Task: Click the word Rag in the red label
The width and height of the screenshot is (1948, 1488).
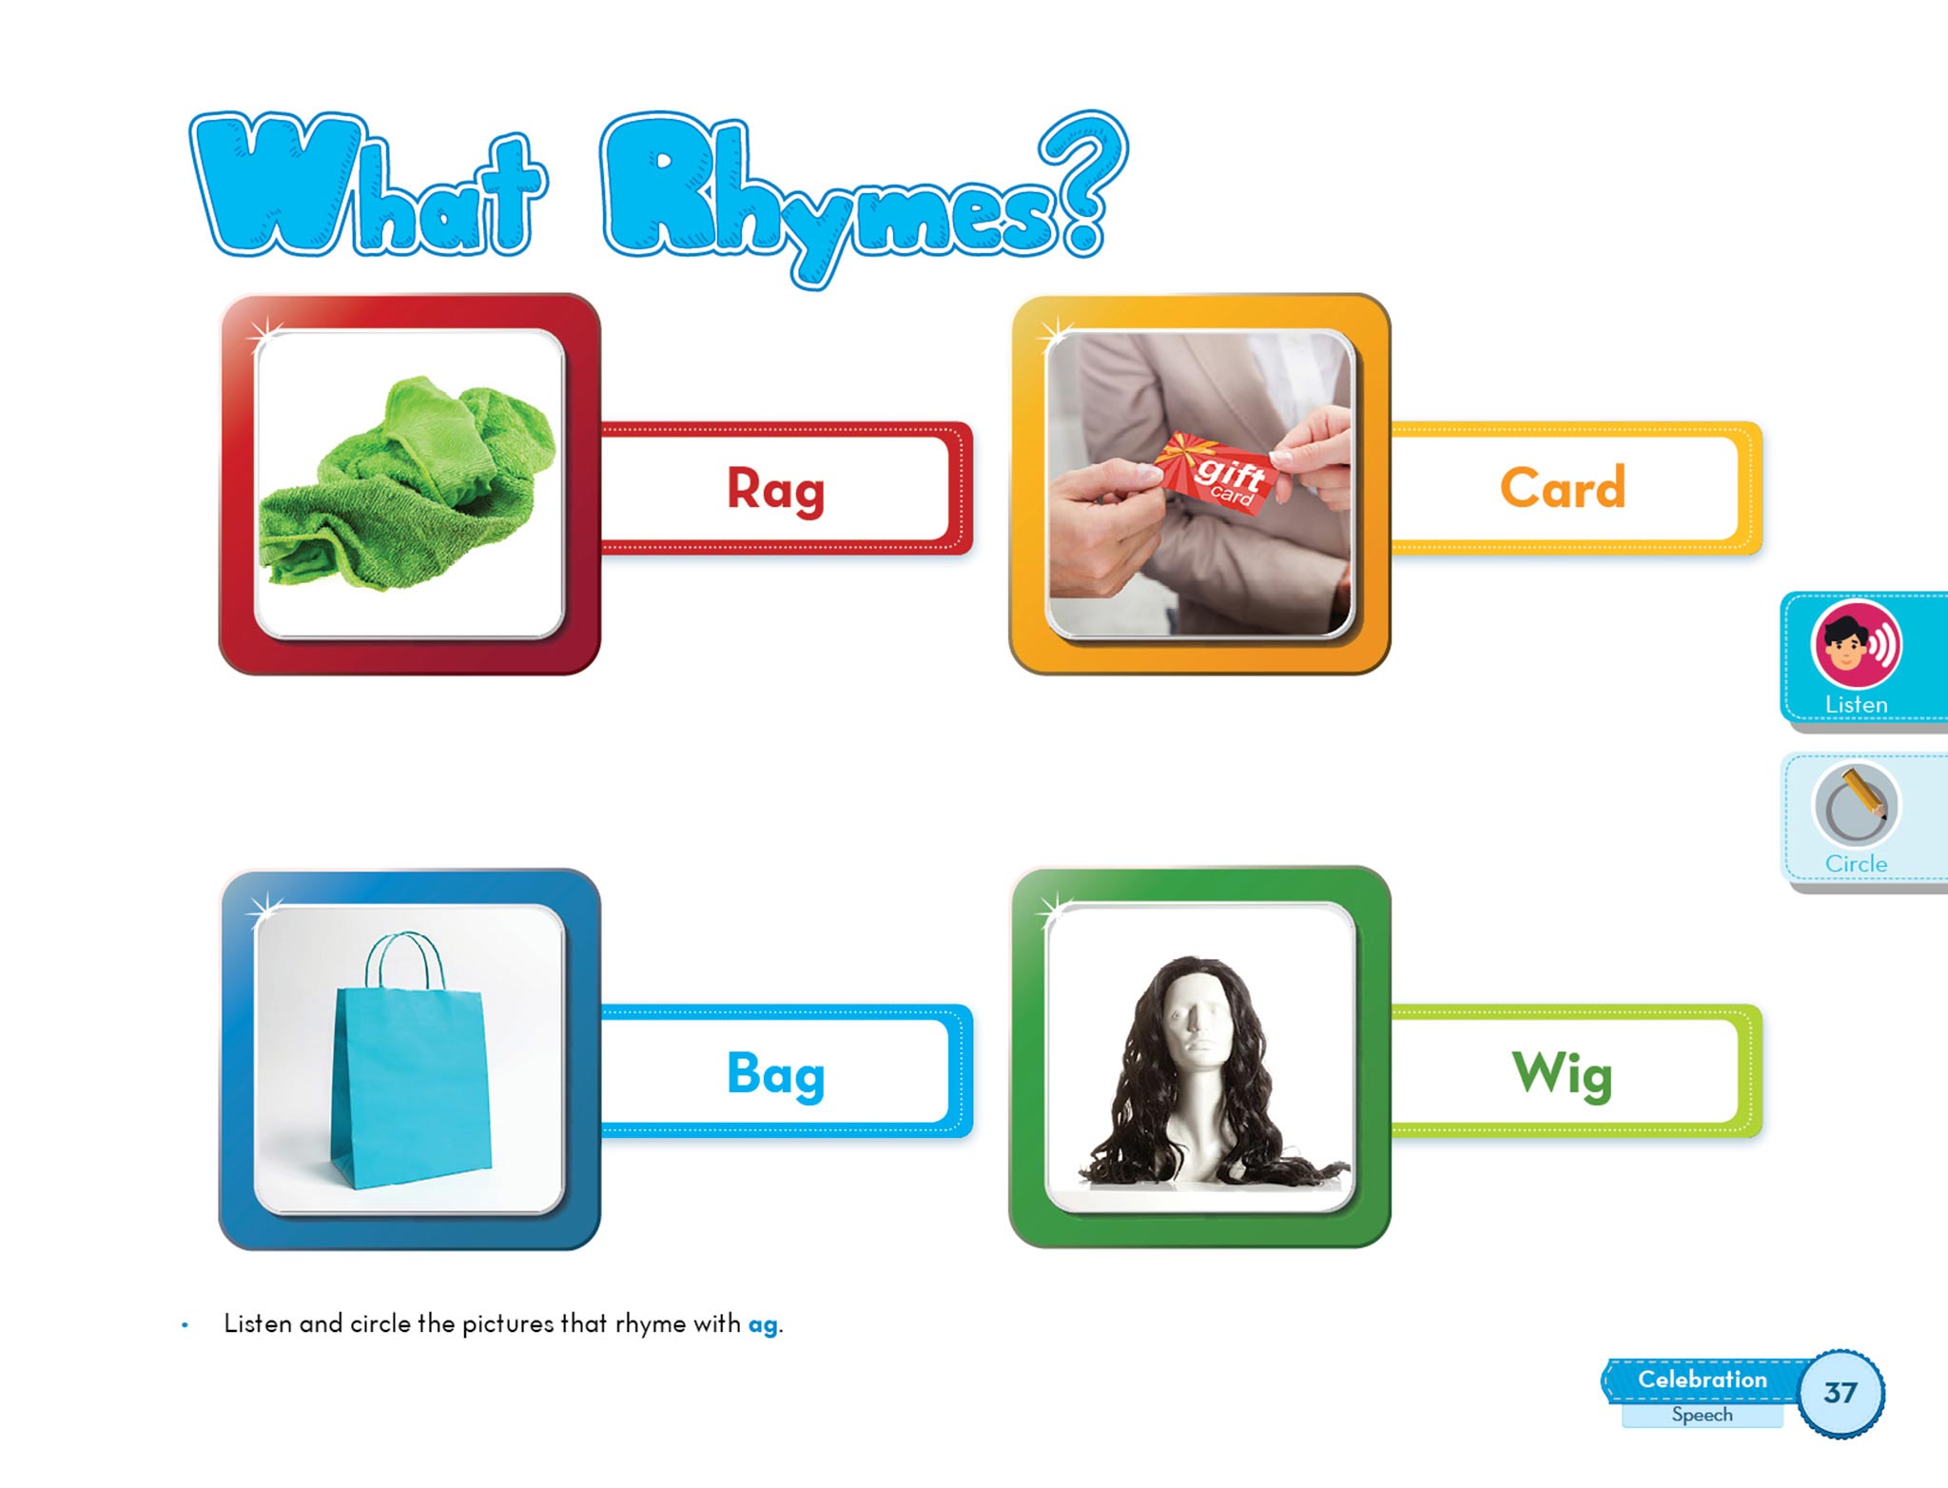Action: click(x=775, y=489)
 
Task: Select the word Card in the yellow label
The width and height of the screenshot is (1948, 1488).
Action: click(x=1563, y=487)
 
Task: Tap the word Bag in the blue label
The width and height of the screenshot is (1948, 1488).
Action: click(x=775, y=1074)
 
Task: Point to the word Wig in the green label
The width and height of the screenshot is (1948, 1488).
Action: click(x=1563, y=1074)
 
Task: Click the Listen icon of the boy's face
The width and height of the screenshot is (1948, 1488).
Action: click(x=1856, y=645)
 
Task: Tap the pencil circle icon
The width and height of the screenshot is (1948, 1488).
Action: click(x=1856, y=805)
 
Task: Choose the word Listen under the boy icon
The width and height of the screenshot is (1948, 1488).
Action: click(x=1856, y=705)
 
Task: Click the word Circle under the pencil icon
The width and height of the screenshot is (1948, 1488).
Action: click(x=1856, y=864)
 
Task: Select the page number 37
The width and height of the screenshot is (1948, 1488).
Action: click(x=1841, y=1393)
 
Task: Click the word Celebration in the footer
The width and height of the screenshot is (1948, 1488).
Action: click(x=1702, y=1380)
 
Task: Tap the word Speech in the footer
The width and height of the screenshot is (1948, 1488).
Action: click(x=1702, y=1415)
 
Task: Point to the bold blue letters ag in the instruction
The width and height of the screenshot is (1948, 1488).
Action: click(x=762, y=1325)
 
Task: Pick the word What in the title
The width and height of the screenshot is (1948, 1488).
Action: click(x=368, y=185)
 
